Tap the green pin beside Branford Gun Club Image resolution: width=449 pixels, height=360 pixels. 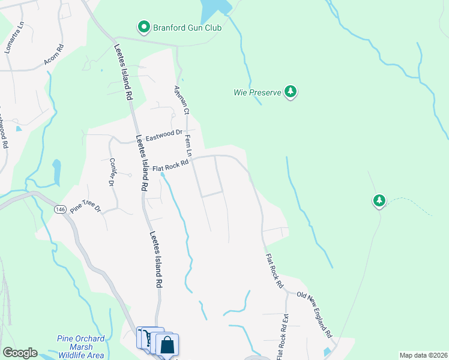tap(144, 28)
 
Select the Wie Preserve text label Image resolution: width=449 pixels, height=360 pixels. tap(258, 93)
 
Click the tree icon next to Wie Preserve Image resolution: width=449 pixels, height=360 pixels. tap(291, 92)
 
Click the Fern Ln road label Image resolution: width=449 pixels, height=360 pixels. tap(188, 146)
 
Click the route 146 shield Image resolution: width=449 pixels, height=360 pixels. tap(59, 209)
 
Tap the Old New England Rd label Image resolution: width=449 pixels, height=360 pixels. tap(315, 314)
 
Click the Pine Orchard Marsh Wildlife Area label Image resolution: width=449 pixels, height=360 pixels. tap(80, 347)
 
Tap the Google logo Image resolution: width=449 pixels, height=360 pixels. tap(19, 353)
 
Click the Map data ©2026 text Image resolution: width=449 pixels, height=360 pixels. tap(423, 355)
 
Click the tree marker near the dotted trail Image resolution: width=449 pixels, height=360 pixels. tap(379, 200)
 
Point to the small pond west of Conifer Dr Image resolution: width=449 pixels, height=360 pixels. tap(57, 173)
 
